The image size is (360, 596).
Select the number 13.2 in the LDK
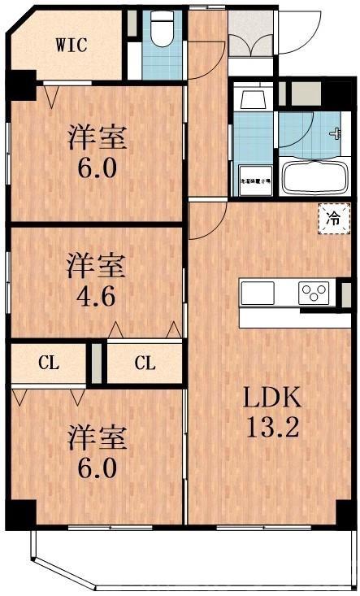click(x=273, y=428)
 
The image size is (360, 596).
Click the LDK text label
click(x=273, y=398)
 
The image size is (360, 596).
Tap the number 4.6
click(x=96, y=294)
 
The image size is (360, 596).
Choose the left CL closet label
click(x=48, y=363)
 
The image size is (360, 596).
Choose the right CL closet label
click(x=145, y=363)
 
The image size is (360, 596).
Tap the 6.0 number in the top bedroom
click(x=98, y=168)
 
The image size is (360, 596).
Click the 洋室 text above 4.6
click(x=96, y=265)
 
